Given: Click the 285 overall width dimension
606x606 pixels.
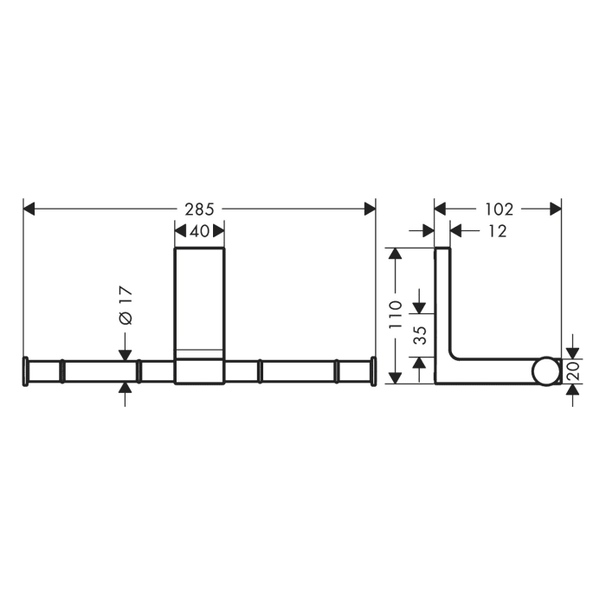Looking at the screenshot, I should (x=199, y=209).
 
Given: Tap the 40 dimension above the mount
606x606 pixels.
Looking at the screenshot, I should (x=199, y=231).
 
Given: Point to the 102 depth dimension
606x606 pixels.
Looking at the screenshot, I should (x=499, y=209).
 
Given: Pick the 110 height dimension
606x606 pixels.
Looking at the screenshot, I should (x=396, y=316).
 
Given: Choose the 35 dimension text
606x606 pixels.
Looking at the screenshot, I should (x=420, y=336).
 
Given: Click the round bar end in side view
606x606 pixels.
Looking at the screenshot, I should (x=545, y=371).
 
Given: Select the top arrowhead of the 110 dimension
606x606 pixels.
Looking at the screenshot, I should (x=396, y=254).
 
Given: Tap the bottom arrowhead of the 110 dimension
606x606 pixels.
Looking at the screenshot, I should (x=396, y=378).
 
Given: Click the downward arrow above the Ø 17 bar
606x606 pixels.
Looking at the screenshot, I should (x=126, y=351).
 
